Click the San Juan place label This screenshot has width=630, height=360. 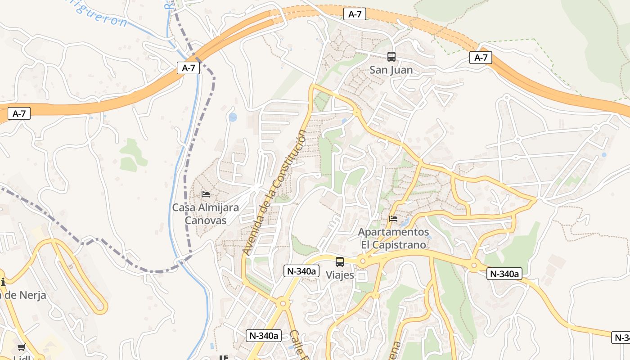coord(391,70)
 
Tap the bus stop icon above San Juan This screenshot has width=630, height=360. coord(391,57)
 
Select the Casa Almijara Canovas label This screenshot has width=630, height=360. coord(206,214)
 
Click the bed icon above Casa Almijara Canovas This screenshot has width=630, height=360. coord(206,194)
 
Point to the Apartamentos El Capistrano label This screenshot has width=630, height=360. coord(394,238)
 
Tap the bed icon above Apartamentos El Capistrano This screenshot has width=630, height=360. coord(393,219)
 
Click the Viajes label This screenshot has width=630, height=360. coord(340,275)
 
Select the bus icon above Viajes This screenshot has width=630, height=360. coord(340,261)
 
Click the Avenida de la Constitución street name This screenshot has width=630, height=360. coord(274,193)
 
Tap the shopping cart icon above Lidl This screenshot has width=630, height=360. coord(21,347)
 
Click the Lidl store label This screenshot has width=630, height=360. coord(21,358)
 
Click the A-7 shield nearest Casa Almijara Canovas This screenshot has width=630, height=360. coord(188,68)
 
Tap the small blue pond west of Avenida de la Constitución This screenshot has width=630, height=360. coord(233,117)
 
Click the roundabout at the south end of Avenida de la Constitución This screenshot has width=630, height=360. coord(283,304)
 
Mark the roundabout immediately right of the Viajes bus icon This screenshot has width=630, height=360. coord(363,261)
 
